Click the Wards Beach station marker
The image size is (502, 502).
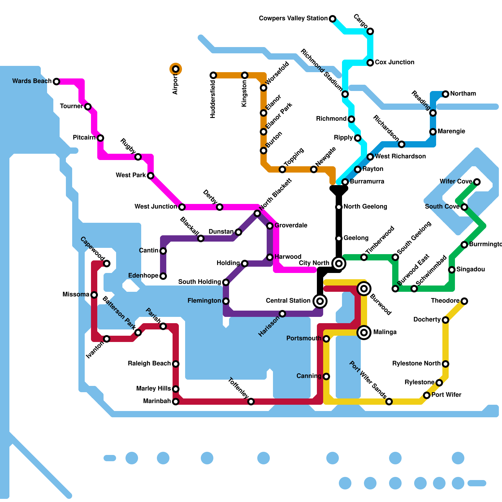56,82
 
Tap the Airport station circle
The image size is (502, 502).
176,69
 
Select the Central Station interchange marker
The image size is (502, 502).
320,301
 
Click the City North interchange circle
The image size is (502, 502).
339,263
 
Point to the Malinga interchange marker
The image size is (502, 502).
364,332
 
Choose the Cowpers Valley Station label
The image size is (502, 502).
293,19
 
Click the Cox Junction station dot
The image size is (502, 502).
370,63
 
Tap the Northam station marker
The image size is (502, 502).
446,94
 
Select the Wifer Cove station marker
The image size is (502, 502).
477,182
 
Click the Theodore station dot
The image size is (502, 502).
464,301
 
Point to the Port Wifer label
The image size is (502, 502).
446,395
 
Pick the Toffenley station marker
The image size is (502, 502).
251,402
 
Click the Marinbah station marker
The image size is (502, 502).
176,402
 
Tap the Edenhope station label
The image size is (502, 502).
143,276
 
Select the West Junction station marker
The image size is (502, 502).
182,207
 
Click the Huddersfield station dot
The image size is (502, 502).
213,75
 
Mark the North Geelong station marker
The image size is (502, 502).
339,207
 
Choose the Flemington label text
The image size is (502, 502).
204,301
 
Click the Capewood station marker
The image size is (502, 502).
107,264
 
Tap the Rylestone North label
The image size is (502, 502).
416,364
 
